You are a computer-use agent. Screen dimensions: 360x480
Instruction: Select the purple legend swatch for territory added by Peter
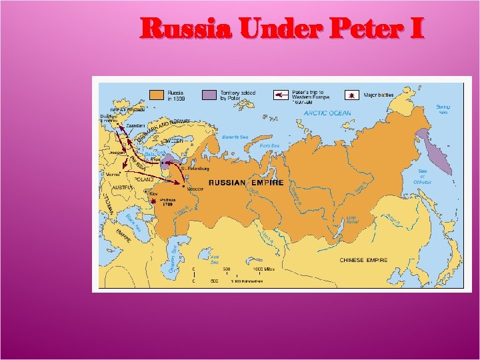(210, 95)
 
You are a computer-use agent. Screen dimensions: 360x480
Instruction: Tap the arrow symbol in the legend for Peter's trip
(281, 95)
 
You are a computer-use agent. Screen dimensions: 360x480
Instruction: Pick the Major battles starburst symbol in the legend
(351, 95)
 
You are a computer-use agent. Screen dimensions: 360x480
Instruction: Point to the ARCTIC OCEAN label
(327, 113)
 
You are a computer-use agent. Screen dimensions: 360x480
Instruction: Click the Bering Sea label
(443, 109)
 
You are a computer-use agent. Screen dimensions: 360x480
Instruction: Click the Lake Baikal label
(353, 219)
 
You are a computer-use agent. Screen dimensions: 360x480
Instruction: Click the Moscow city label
(195, 189)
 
